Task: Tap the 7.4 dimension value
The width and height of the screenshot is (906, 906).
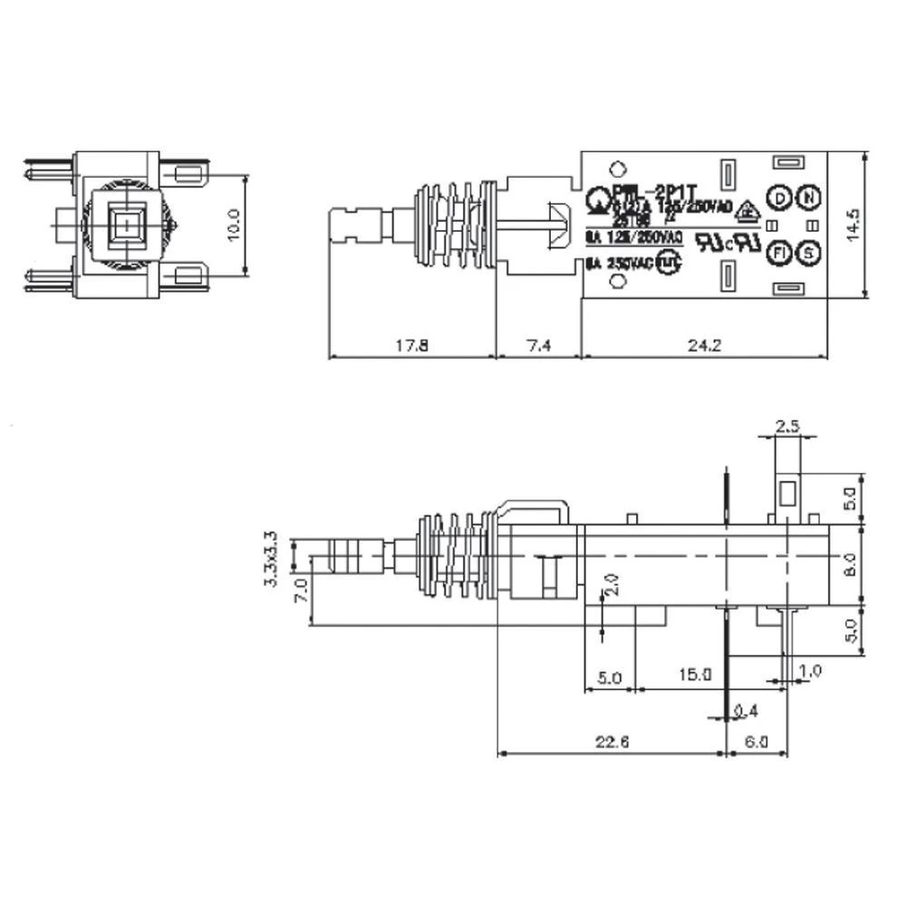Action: pos(537,345)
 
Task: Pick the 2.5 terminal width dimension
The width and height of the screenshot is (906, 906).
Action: pos(788,426)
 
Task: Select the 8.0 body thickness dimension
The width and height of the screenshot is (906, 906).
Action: pos(850,564)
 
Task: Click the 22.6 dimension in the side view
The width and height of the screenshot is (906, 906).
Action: pos(612,742)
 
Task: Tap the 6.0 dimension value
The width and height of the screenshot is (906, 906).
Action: pos(757,742)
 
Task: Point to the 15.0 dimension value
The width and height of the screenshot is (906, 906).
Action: pos(696,675)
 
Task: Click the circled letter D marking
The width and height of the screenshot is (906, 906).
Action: pos(778,198)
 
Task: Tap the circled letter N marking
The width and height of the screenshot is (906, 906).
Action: pos(809,198)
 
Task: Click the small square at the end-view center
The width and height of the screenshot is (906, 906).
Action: pos(128,222)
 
